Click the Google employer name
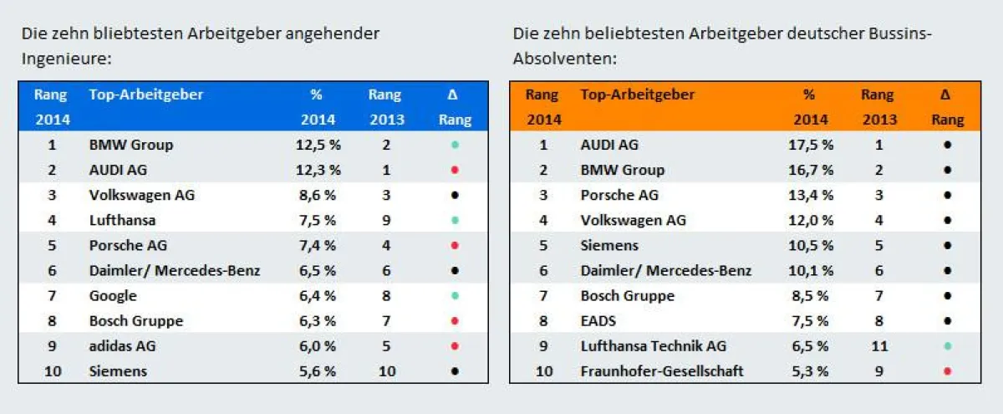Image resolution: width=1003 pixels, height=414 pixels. tap(113, 295)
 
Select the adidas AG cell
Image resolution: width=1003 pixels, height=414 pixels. tap(122, 345)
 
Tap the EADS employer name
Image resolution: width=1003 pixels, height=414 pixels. tap(598, 320)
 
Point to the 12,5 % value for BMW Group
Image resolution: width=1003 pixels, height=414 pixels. tap(318, 145)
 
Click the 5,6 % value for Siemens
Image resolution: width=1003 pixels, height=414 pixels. tap(318, 371)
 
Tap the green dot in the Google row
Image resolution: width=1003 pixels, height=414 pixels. tap(454, 296)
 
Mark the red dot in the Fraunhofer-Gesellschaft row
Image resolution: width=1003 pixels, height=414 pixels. tap(946, 371)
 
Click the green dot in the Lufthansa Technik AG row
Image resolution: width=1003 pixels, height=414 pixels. tap(946, 346)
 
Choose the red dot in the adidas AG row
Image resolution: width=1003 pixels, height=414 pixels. tap(454, 346)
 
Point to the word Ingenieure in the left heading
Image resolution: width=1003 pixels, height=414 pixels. tap(67, 59)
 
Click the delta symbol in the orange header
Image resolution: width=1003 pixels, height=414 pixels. tap(946, 95)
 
